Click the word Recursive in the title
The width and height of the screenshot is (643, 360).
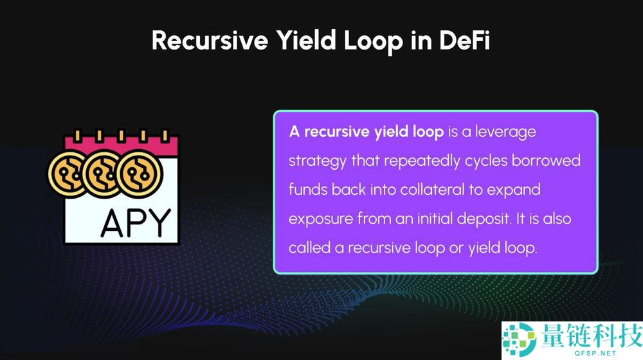(x=210, y=40)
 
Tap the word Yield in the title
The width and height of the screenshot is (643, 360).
(x=305, y=40)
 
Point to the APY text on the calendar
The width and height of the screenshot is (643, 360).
(x=136, y=223)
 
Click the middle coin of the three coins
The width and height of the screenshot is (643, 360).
(x=104, y=174)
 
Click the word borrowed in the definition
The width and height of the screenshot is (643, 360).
(x=546, y=160)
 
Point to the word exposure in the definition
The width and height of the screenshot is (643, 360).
(x=321, y=219)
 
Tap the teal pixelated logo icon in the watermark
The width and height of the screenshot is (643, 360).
(x=519, y=339)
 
